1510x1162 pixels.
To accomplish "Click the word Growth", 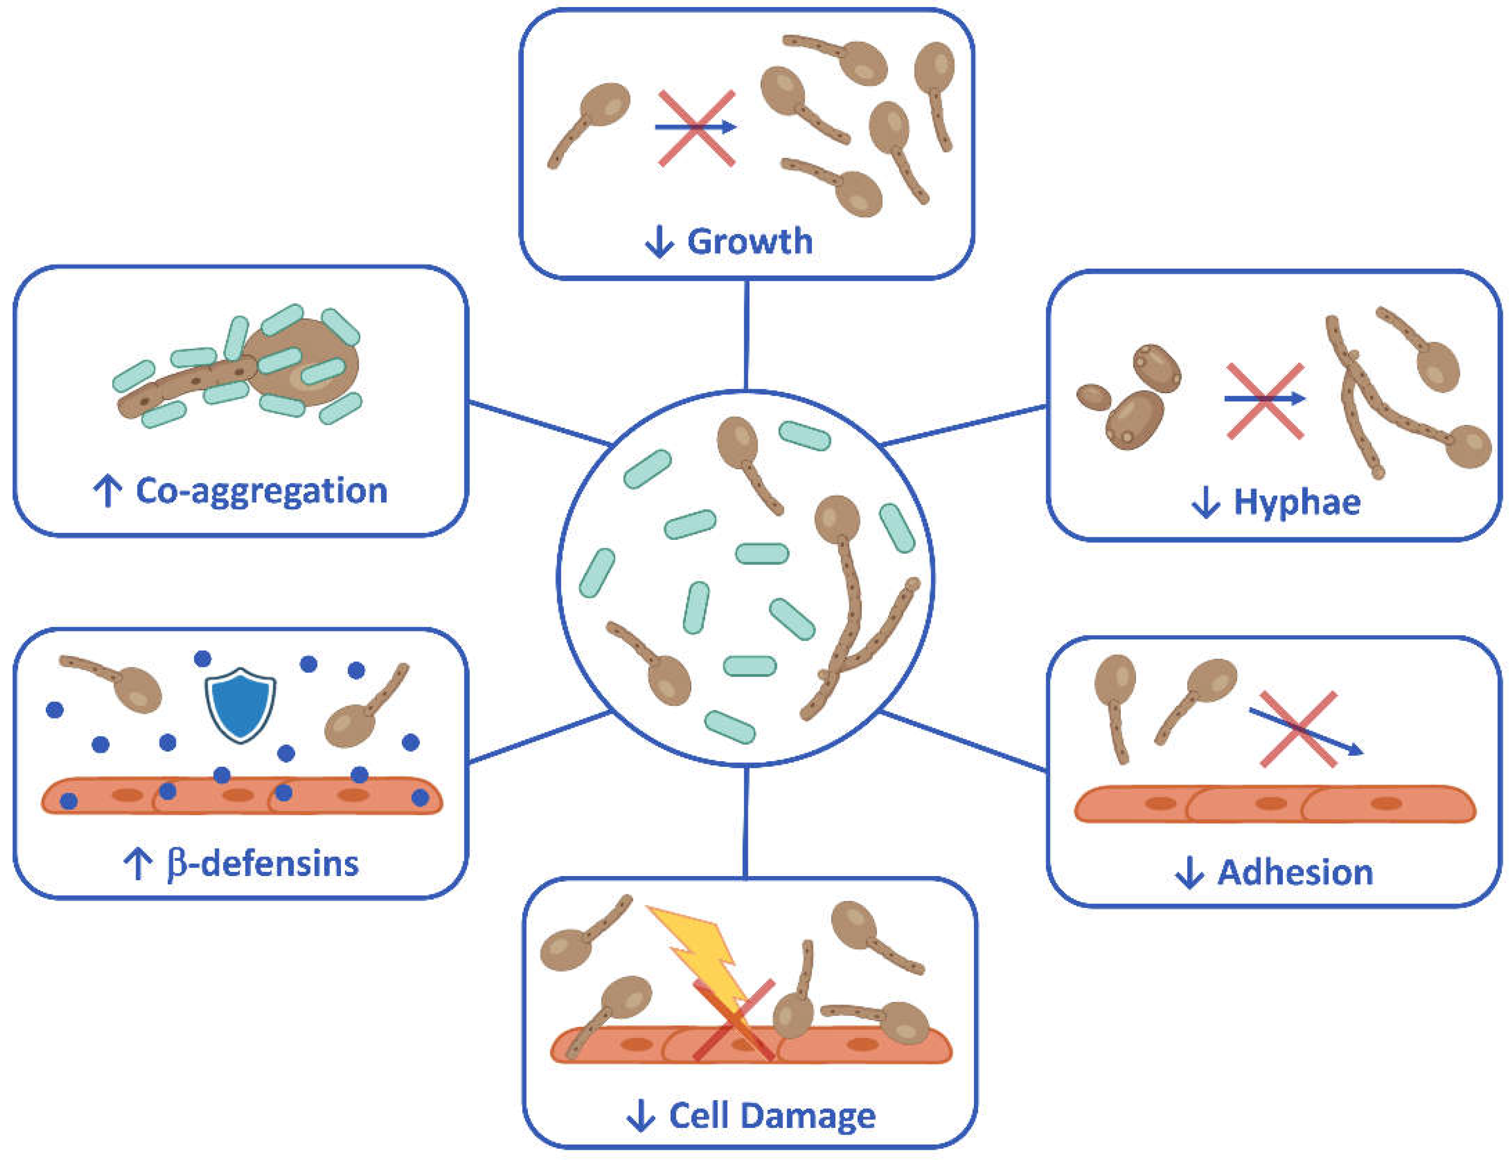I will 749,241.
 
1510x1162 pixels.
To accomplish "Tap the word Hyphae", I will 1297,503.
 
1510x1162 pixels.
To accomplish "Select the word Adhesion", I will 1295,873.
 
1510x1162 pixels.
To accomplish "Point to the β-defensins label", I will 263,863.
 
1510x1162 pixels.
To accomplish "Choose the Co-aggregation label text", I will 261,491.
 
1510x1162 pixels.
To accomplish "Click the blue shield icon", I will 240,704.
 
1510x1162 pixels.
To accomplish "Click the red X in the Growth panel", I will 696,128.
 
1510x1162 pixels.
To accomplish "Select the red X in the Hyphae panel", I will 1265,400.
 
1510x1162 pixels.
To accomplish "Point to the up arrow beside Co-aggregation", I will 107,491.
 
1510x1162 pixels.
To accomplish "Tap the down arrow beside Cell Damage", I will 641,1116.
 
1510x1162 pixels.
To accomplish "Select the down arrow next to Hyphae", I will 1206,503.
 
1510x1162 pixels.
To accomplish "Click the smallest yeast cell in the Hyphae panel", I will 1094,398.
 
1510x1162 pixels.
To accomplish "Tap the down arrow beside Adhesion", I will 1189,873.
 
